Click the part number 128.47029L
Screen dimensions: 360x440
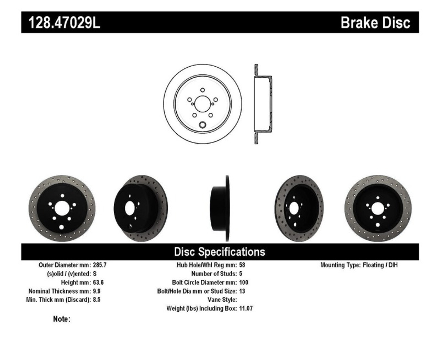[64, 23]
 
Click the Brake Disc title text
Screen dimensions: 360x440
[375, 23]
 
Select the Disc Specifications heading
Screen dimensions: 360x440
[220, 252]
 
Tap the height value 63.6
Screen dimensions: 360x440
[98, 282]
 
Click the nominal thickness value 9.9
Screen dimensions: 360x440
[97, 291]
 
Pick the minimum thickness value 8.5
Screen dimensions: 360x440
[97, 300]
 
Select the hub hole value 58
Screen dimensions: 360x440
[242, 265]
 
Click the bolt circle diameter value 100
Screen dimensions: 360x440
[243, 282]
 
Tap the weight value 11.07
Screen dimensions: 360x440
[246, 308]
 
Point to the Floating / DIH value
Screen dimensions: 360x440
[380, 265]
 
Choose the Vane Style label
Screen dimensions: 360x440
[222, 300]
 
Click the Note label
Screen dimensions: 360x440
[62, 319]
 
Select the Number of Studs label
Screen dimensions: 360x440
[214, 274]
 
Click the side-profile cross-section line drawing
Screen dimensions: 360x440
[263, 104]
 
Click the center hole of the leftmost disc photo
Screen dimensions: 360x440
[62, 209]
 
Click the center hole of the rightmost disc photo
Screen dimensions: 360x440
[378, 209]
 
